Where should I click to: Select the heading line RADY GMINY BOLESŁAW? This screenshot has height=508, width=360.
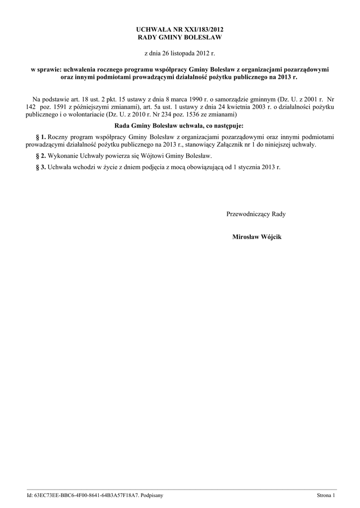click(x=180, y=37)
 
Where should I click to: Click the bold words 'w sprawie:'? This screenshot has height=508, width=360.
click(x=43, y=70)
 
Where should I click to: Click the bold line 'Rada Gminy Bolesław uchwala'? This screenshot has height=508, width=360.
click(x=179, y=126)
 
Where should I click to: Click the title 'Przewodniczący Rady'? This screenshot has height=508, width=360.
click(x=256, y=214)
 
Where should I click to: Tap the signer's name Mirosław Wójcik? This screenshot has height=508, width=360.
click(x=257, y=237)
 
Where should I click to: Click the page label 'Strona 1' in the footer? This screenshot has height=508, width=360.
click(x=326, y=495)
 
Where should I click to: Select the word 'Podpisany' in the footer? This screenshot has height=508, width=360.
click(x=151, y=495)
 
